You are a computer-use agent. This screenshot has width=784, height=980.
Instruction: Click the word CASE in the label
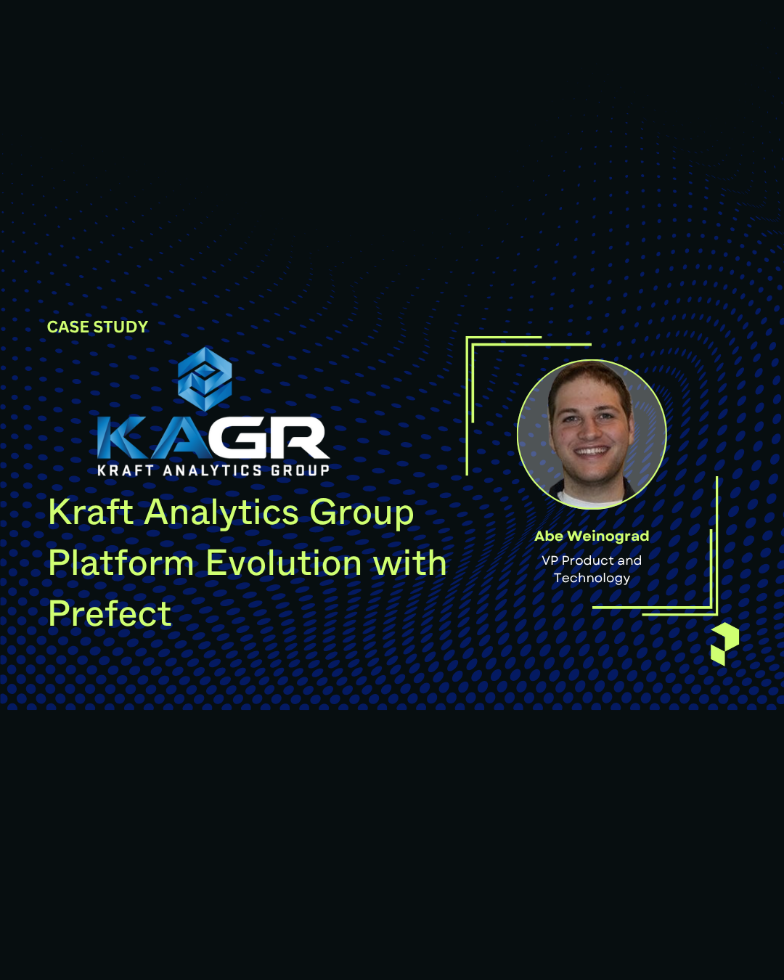click(x=68, y=327)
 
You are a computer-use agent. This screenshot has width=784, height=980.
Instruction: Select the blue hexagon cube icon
click(x=205, y=379)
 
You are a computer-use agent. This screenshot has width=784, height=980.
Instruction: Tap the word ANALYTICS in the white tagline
click(x=212, y=470)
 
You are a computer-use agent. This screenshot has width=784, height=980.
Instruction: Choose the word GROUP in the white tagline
click(x=300, y=470)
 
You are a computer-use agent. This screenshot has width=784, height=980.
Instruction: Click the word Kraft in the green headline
click(x=91, y=513)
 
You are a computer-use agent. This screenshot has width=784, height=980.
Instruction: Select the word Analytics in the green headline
click(x=221, y=513)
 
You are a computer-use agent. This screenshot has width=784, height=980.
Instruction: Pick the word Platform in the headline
click(x=121, y=563)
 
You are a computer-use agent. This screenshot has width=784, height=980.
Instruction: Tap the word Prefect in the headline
click(x=110, y=614)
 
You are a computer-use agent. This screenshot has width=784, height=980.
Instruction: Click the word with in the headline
click(x=409, y=563)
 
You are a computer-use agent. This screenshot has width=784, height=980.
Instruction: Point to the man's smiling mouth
click(x=592, y=451)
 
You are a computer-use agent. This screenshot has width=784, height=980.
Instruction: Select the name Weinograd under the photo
click(x=608, y=536)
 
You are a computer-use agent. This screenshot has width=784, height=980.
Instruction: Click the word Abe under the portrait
click(x=549, y=536)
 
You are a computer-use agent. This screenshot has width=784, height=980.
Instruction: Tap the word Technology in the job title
click(x=592, y=579)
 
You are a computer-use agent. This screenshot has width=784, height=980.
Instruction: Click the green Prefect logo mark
click(x=724, y=643)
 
